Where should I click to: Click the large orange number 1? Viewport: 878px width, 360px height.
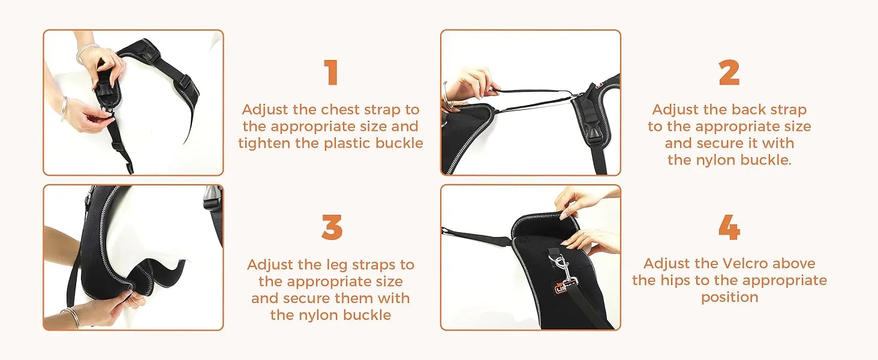[x=332, y=72]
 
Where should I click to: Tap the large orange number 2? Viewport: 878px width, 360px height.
[x=729, y=72]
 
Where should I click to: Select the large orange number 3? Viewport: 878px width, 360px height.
[x=332, y=227]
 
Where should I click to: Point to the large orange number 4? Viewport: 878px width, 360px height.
[x=729, y=227]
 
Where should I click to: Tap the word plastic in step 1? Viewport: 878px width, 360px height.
[x=347, y=143]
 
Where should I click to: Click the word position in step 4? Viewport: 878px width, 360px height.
[x=729, y=298]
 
